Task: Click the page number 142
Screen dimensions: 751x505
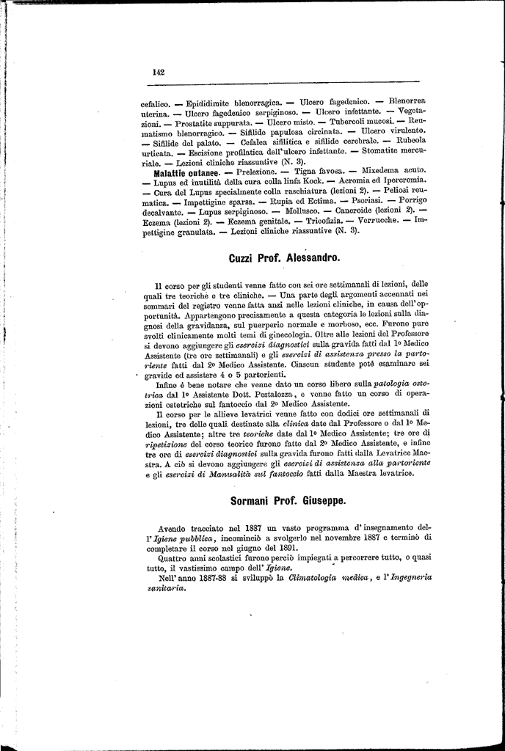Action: (158, 71)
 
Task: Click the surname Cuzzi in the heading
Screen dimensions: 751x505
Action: (243, 258)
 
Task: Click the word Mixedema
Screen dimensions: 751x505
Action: (353, 172)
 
